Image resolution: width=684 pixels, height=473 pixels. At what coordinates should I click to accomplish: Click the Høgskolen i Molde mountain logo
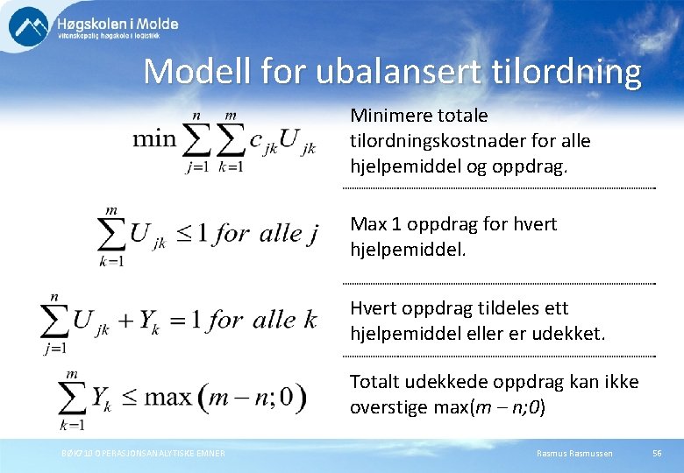point(29,26)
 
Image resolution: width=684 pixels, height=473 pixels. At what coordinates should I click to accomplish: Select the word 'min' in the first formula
point(153,139)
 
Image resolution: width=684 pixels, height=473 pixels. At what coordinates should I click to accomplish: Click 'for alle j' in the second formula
point(266,233)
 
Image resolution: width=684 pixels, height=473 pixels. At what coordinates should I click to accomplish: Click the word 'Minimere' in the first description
point(385,116)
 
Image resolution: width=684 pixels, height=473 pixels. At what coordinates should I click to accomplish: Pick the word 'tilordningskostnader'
point(431,141)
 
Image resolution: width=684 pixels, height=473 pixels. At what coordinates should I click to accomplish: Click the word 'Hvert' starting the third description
point(372,308)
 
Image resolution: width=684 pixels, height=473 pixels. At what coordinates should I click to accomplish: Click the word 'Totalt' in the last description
point(374,382)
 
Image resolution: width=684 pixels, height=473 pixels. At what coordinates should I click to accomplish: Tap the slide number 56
point(657,453)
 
